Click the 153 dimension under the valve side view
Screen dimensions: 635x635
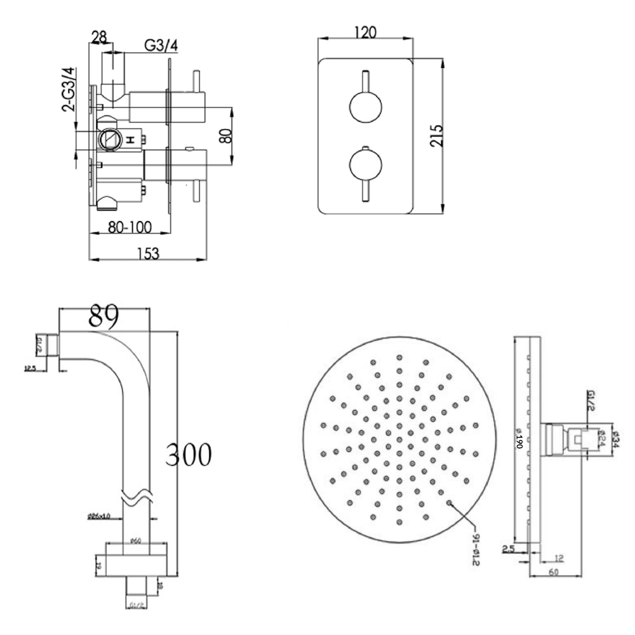coord(148,252)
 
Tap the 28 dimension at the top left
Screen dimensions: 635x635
coord(98,38)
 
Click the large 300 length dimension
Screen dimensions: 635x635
coord(189,455)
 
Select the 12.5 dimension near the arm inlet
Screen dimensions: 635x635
coord(30,368)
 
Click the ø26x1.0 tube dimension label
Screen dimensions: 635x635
coord(100,516)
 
